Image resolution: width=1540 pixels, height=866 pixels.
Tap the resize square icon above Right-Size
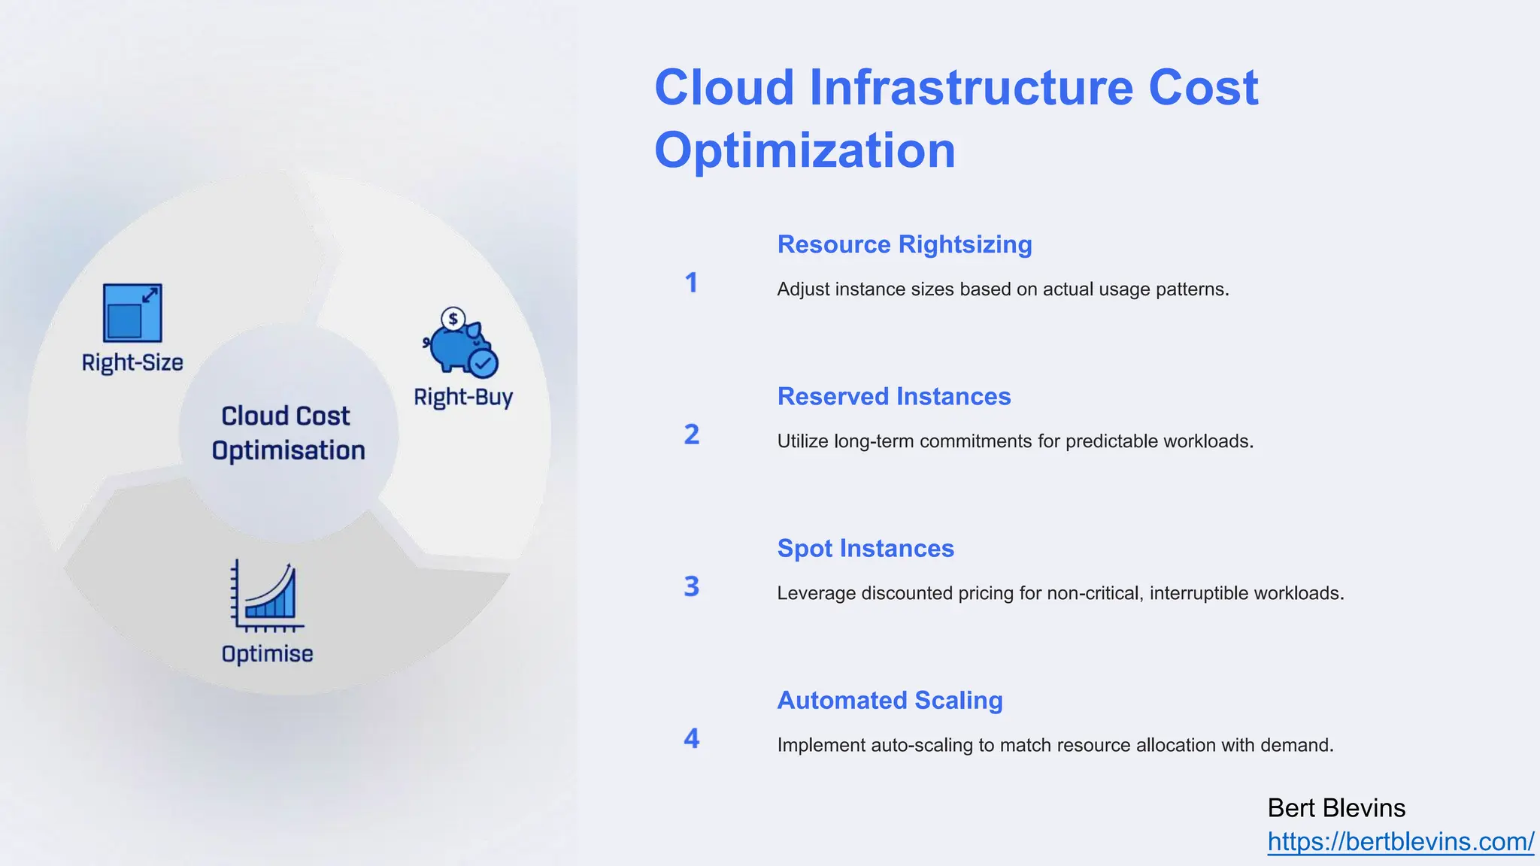[x=132, y=313]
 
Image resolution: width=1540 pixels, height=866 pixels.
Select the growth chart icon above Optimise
[x=267, y=596]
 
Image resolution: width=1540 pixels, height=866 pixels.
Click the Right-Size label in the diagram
[x=132, y=362]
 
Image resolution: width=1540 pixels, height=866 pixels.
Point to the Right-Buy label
[x=463, y=397]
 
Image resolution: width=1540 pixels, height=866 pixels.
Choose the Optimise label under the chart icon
[x=267, y=654]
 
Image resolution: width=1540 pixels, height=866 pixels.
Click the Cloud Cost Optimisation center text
[x=287, y=433]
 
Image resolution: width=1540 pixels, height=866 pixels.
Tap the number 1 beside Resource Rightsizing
[x=691, y=283]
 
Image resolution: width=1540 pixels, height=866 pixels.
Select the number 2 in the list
[x=691, y=435]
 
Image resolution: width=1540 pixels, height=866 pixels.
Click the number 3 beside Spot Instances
[x=691, y=586]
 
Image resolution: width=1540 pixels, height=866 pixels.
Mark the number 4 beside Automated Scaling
[x=691, y=738]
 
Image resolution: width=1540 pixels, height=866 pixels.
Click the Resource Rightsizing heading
[x=905, y=244]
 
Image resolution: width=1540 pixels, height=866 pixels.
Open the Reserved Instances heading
[x=894, y=396]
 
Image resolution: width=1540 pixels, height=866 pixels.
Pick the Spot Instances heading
[x=865, y=548]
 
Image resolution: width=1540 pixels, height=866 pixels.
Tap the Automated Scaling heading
[x=890, y=700]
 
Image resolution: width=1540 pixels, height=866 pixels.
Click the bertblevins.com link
[x=1400, y=841]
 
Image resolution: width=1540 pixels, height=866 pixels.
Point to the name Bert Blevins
[x=1336, y=808]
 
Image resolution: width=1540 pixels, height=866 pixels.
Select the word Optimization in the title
[x=805, y=150]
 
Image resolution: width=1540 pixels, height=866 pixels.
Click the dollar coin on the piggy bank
[x=453, y=319]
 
